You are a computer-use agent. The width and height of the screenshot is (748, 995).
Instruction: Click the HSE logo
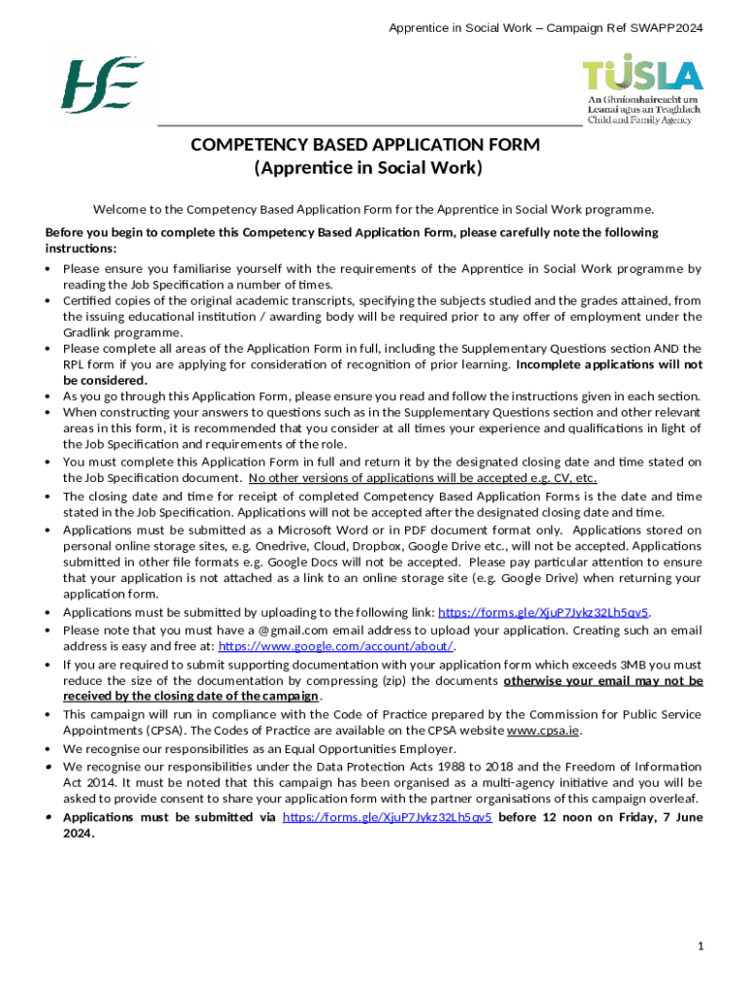pyautogui.click(x=102, y=86)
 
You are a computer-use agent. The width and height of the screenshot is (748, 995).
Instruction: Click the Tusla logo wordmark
pyautogui.click(x=642, y=75)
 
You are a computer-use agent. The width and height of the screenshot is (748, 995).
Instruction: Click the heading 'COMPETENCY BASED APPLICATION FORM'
pyautogui.click(x=365, y=145)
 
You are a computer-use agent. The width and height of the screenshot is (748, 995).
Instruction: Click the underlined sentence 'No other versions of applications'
pyautogui.click(x=423, y=477)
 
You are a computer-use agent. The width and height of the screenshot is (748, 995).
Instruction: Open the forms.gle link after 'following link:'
pyautogui.click(x=543, y=612)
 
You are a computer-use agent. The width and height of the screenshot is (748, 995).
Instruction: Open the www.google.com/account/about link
pyautogui.click(x=336, y=646)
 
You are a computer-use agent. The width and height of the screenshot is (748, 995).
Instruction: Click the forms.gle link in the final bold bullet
pyautogui.click(x=387, y=817)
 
